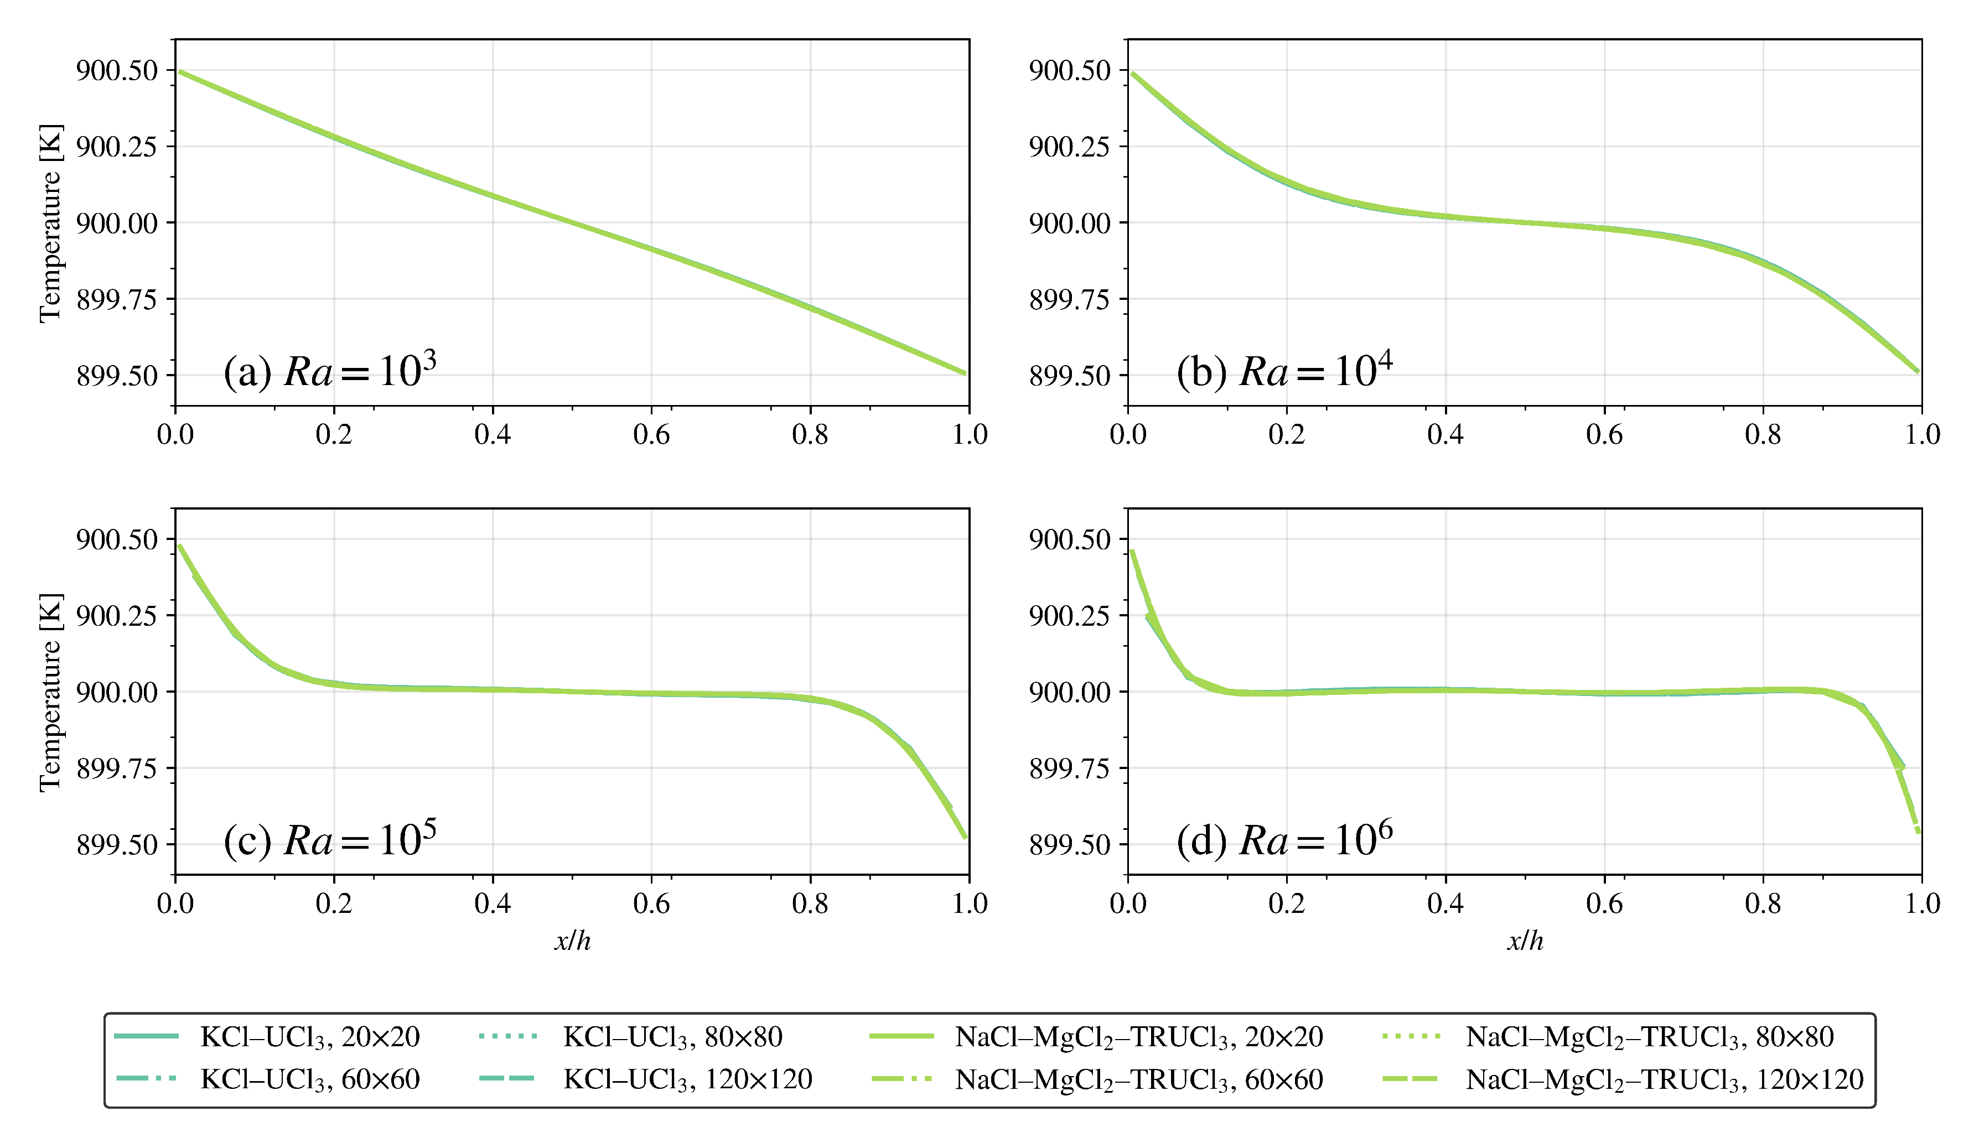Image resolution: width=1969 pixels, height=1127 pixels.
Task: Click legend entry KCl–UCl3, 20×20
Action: tap(309, 1036)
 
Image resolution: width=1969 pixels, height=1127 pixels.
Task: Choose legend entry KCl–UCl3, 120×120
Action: tap(687, 1079)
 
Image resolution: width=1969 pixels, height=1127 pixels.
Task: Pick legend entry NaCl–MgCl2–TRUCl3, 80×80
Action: tap(1649, 1036)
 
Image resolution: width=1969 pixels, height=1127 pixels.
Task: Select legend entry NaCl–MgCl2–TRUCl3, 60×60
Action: tap(1138, 1079)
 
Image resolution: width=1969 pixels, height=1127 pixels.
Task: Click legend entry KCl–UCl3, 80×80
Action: tap(672, 1036)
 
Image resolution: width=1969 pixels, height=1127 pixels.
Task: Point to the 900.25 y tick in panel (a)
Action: tap(116, 146)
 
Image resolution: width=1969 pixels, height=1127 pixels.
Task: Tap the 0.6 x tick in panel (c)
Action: tap(651, 903)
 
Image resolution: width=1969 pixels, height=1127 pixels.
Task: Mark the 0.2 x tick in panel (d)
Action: tap(1286, 903)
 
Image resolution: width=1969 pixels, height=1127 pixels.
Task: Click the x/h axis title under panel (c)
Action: tap(572, 941)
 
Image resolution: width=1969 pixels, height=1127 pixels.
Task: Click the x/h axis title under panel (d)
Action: tap(1525, 941)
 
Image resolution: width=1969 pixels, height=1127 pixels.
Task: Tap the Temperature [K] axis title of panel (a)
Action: tap(50, 222)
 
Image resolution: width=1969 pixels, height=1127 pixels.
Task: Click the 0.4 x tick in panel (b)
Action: tap(1445, 434)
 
